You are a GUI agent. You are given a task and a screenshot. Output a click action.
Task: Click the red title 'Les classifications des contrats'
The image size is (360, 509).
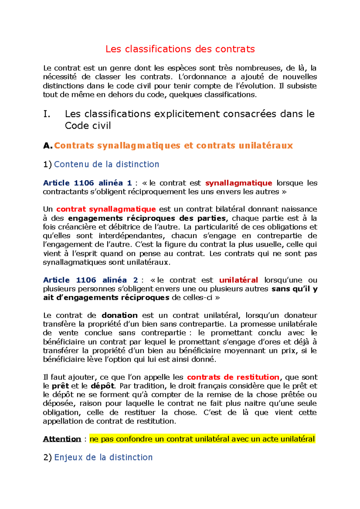point(180,49)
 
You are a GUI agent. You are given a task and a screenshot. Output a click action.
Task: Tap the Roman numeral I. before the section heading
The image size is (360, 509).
point(46,114)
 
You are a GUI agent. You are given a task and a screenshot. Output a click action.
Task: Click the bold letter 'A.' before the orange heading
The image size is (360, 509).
point(47,146)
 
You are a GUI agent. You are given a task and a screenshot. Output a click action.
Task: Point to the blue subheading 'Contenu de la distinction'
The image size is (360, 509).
point(106,164)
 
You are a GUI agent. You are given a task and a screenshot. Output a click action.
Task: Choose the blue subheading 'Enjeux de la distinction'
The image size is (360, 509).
point(103,457)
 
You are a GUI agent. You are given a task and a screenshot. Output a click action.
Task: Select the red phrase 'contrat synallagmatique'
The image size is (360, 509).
point(106,209)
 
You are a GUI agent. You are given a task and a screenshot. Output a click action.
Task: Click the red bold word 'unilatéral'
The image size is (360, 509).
point(238,280)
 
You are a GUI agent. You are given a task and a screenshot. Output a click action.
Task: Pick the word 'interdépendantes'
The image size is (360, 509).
point(130,236)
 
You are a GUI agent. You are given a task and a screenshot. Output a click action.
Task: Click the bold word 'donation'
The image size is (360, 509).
point(120,315)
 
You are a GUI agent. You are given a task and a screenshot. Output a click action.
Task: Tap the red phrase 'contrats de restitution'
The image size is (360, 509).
point(233,377)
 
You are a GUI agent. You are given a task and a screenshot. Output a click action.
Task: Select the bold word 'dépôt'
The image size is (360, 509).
point(102,386)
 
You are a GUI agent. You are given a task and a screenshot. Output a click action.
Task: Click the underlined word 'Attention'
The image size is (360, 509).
point(62,439)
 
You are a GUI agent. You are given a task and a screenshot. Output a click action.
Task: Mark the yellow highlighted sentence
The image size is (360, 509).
point(202,439)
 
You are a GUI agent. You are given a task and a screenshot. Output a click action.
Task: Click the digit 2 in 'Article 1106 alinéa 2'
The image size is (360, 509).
point(136,280)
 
